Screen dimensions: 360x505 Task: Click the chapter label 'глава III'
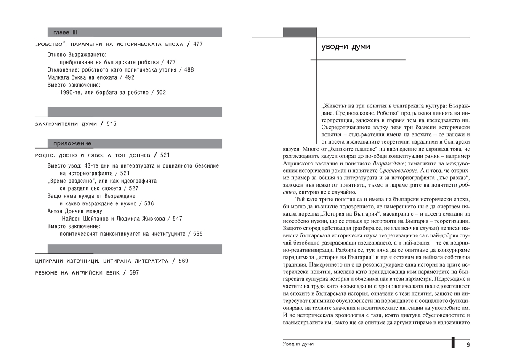pyautogui.click(x=66, y=32)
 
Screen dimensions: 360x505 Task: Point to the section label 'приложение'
pyautogui.click(x=72, y=144)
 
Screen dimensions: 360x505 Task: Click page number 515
pyautogui.click(x=111, y=124)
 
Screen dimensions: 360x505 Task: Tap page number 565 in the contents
pyautogui.click(x=198, y=234)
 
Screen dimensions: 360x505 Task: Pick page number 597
pyautogui.click(x=134, y=273)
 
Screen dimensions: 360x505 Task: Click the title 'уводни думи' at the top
pyautogui.click(x=346, y=47)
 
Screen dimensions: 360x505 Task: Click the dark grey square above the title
pyautogui.click(x=299, y=32)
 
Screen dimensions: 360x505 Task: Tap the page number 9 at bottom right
pyautogui.click(x=468, y=344)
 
